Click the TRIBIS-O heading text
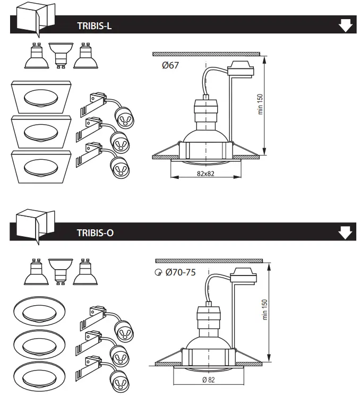coord(95,233)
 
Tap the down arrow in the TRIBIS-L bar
coord(345,25)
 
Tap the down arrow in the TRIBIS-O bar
coord(345,232)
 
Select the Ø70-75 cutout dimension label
coord(180,272)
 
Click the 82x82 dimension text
coord(204,174)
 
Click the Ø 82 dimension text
coord(209,380)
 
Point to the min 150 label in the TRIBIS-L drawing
coord(261,105)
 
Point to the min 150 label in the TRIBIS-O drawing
coord(265,309)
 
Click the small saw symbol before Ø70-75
coord(157,273)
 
